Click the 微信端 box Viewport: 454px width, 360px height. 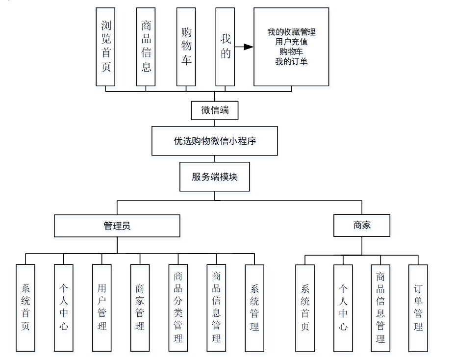(x=215, y=110)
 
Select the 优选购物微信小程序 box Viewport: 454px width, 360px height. (x=215, y=141)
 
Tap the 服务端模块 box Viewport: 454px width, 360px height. (x=215, y=177)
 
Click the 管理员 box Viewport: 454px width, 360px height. (x=117, y=226)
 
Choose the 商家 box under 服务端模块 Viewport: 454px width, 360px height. (x=362, y=225)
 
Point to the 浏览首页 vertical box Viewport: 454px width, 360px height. (x=106, y=47)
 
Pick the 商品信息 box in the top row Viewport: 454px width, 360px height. (x=146, y=47)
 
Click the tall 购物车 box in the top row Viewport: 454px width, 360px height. (x=186, y=47)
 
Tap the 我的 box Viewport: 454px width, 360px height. (x=226, y=47)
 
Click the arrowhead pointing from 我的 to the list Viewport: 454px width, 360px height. (x=249, y=47)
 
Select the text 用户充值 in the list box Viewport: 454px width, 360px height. (x=291, y=42)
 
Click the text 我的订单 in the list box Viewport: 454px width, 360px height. (x=291, y=61)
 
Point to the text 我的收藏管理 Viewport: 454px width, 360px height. (x=291, y=32)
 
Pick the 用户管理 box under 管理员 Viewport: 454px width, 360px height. (x=102, y=308)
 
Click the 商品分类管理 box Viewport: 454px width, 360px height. (x=178, y=308)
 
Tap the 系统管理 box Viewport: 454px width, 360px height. (x=254, y=308)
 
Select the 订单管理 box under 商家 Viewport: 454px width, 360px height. (x=418, y=308)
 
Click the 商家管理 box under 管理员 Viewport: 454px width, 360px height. (x=140, y=308)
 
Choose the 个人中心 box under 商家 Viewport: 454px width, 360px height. (x=343, y=308)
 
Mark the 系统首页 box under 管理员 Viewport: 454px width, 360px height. (x=25, y=308)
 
